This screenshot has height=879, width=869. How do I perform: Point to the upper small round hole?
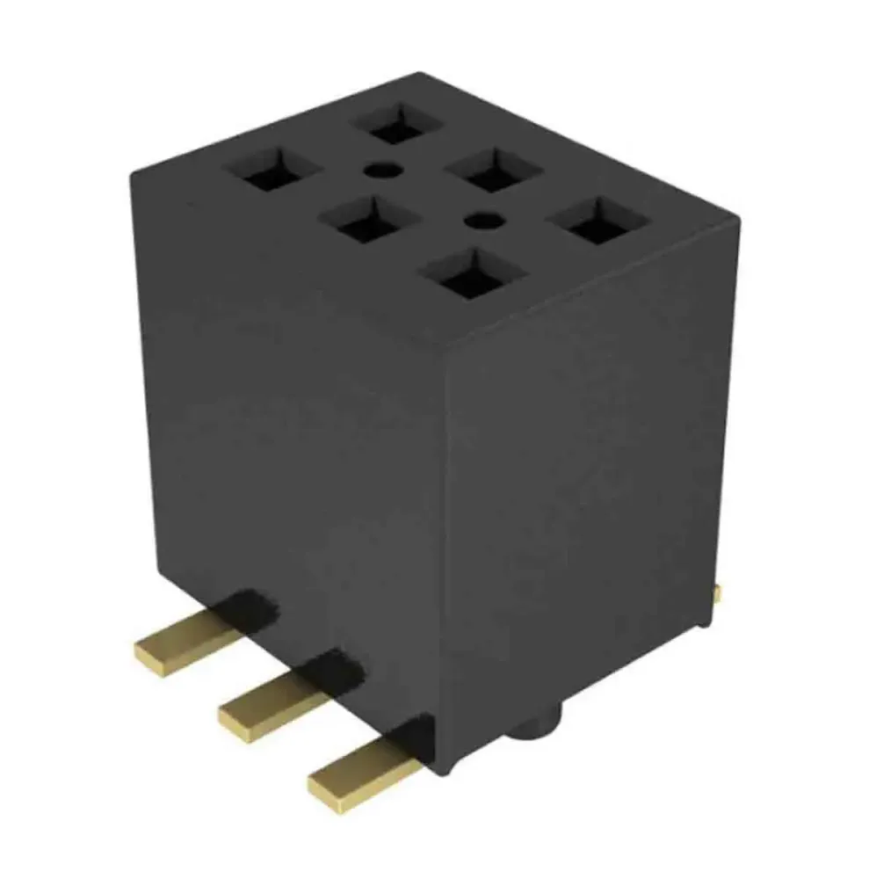click(378, 168)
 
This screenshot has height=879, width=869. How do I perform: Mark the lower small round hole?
click(479, 217)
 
